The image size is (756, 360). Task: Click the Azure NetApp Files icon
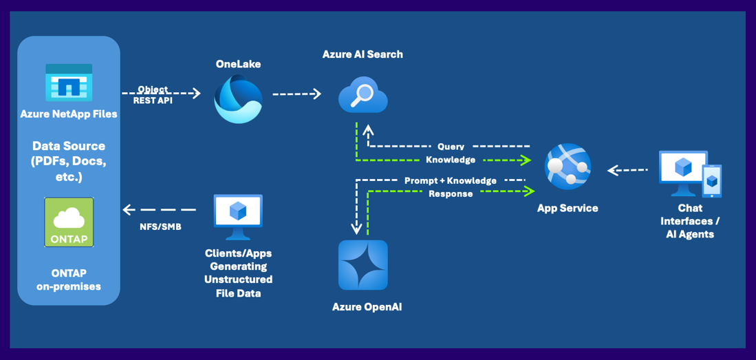[69, 83]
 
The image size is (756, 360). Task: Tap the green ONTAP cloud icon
[69, 222]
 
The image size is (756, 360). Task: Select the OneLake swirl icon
[238, 98]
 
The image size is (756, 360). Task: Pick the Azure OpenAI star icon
[363, 265]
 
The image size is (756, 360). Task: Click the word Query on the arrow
[451, 147]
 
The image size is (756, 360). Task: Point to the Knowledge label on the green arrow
[451, 160]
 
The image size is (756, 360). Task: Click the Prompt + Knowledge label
[451, 180]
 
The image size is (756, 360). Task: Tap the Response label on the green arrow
[451, 194]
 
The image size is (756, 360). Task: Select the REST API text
[153, 100]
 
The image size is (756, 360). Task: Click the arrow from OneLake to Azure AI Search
[297, 94]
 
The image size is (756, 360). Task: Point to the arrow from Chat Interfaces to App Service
[628, 169]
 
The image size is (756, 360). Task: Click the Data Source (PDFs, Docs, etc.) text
[69, 161]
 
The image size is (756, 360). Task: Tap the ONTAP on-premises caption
[69, 279]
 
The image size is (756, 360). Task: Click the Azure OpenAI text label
[367, 307]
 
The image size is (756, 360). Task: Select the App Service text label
[568, 208]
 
